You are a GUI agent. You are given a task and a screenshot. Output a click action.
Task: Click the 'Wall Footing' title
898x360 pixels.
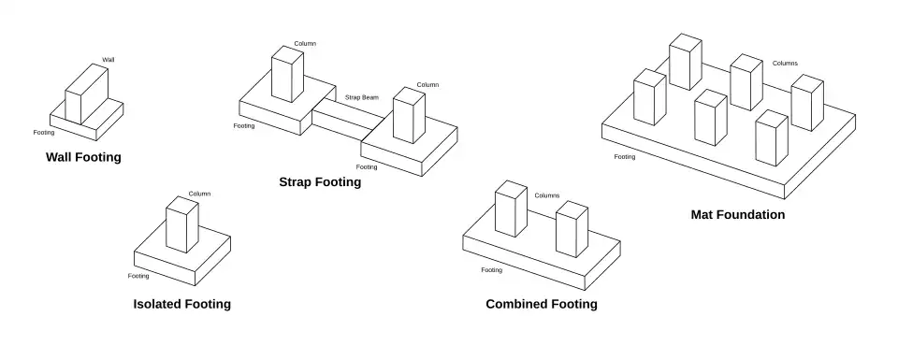[83, 157]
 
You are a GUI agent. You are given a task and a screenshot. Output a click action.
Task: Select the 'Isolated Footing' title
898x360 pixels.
[182, 304]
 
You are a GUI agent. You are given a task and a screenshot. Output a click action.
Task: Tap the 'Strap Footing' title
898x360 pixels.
[320, 182]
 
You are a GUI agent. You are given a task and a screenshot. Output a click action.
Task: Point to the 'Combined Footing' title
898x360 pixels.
[542, 304]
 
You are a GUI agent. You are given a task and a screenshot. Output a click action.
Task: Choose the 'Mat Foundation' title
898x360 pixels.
[738, 215]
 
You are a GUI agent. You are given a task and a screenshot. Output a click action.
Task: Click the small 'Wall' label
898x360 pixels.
[109, 60]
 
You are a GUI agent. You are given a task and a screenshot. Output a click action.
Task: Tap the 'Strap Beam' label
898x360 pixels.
[361, 97]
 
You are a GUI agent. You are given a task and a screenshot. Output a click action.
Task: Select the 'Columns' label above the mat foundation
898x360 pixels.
[785, 63]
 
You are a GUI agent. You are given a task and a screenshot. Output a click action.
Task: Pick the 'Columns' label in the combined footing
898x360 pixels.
[547, 195]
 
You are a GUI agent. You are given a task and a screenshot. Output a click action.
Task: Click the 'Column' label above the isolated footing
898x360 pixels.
[199, 194]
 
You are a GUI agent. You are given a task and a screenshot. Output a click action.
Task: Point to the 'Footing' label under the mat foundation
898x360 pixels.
[625, 157]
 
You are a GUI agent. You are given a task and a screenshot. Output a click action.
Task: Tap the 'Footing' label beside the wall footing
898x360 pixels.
[44, 132]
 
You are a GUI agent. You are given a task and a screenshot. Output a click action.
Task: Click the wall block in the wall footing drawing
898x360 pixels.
[86, 94]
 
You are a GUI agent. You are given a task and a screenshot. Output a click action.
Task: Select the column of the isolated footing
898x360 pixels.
[182, 224]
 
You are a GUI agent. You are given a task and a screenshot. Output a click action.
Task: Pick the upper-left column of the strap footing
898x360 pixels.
[287, 74]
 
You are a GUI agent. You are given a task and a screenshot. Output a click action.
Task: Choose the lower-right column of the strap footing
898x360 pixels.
[409, 115]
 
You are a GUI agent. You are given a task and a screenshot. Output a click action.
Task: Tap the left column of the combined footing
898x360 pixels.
[511, 209]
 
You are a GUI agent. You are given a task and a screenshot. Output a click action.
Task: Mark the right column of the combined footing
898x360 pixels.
[572, 229]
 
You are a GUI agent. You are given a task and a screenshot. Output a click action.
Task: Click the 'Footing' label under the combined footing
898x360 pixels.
[491, 269]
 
